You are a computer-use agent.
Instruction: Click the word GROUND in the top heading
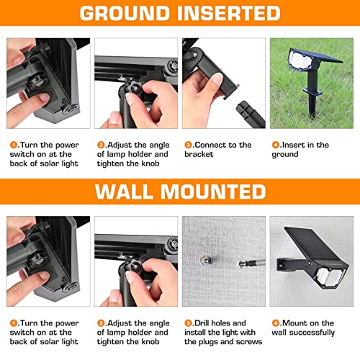coord(125,13)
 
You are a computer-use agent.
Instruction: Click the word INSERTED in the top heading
coord(229,13)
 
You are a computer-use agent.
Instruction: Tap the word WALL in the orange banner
coord(124,192)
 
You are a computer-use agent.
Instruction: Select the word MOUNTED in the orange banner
coord(213,192)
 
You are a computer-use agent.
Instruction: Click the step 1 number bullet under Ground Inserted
coord(14,145)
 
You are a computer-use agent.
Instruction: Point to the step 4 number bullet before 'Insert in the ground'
coord(276,145)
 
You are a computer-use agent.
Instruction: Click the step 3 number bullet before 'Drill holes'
coord(188,323)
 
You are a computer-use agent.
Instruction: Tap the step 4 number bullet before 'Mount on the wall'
coord(276,323)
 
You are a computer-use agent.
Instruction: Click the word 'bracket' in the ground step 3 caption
coord(199,154)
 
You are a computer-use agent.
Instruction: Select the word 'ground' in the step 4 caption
coord(285,155)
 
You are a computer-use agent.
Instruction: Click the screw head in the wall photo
coord(207,260)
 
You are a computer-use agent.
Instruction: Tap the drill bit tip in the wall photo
coord(239,264)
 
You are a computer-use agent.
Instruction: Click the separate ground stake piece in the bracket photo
coord(250,114)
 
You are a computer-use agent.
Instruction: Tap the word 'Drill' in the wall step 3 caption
coord(202,323)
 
